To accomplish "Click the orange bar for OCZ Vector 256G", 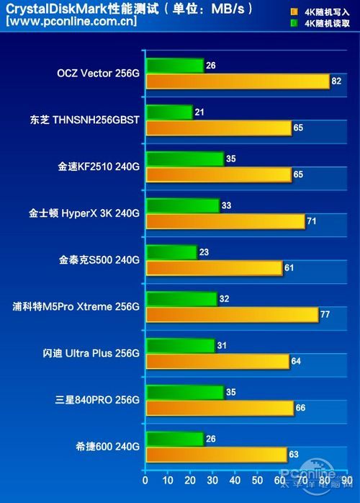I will tap(237, 81).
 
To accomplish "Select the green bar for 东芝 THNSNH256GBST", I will tap(168, 112).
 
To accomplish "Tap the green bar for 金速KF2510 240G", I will tap(184, 159).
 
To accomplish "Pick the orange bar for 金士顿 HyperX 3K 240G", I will tap(225, 221).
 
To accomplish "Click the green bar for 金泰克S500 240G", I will tap(171, 252).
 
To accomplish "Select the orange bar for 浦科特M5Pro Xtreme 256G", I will tap(231, 315).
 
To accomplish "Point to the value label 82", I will tap(337, 81).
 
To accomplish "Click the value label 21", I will tap(199, 112).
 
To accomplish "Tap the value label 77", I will tap(325, 315).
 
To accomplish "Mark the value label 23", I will tap(204, 252).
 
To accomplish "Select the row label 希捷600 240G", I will tap(107, 447).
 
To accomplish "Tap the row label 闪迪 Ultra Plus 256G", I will tap(91, 353).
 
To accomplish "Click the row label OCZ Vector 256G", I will tap(98, 74).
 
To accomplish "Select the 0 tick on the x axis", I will tap(145, 481).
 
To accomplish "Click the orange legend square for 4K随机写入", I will tap(294, 12).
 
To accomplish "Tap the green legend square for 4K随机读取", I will tap(294, 23).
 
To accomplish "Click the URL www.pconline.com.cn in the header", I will tap(71, 21).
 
